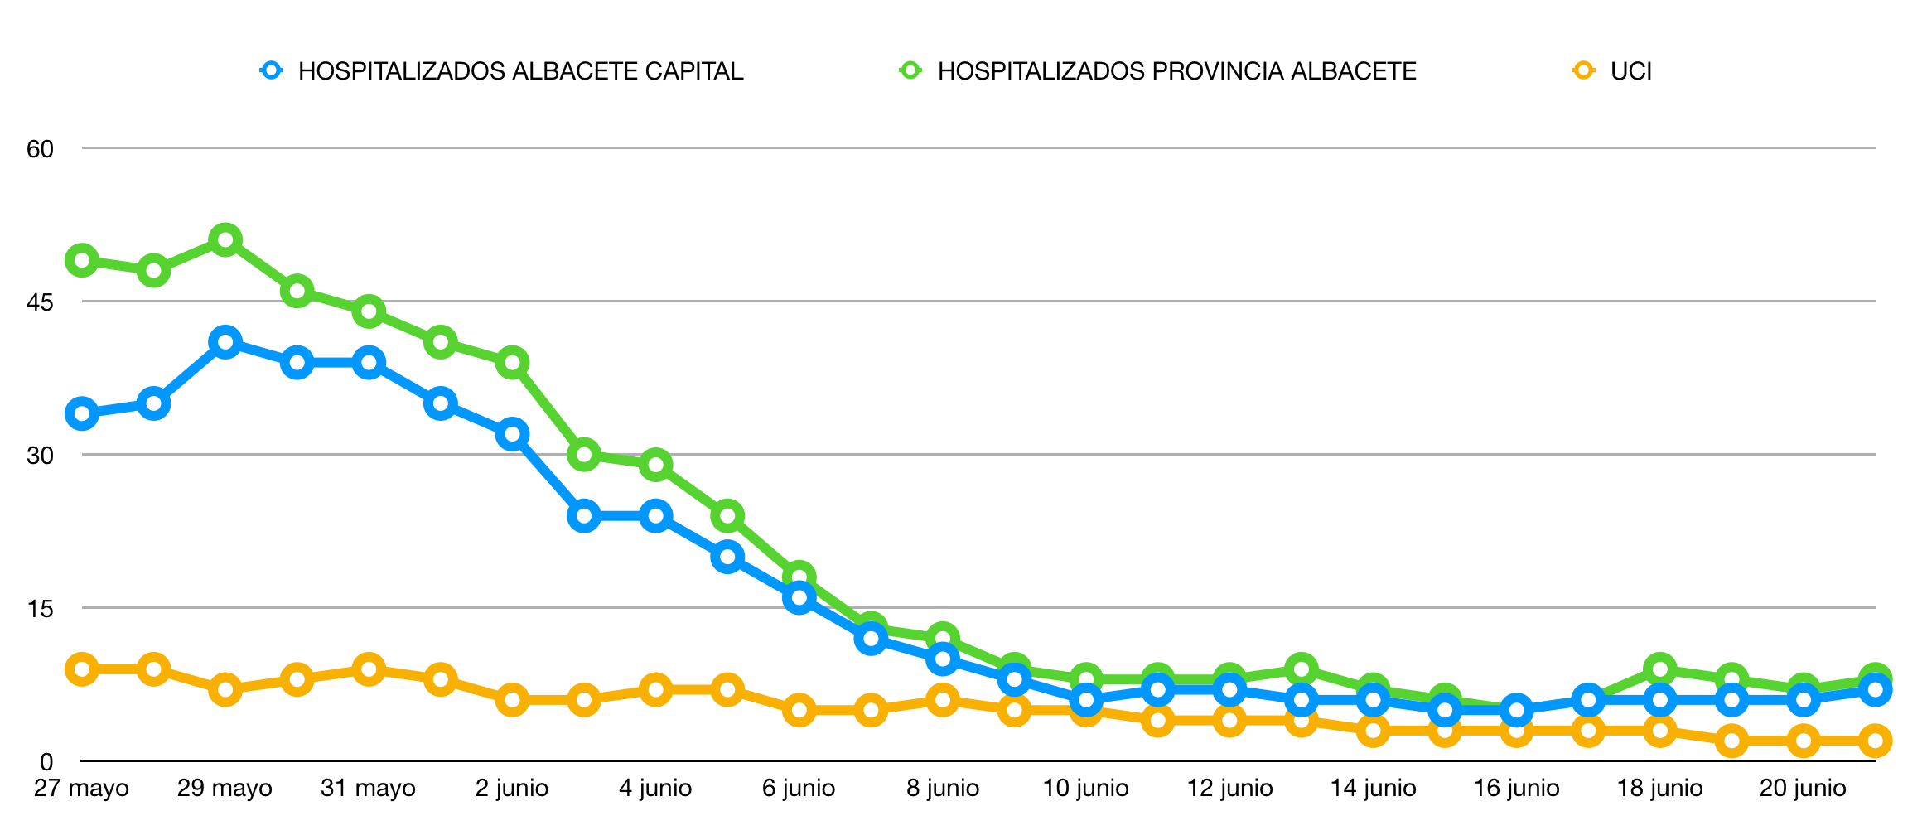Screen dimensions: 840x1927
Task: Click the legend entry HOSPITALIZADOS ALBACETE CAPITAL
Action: [x=520, y=71]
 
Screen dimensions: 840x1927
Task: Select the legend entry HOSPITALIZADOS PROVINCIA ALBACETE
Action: [x=1176, y=71]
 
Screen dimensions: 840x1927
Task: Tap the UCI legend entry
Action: [x=1630, y=71]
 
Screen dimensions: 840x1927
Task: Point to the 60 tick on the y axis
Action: [x=40, y=149]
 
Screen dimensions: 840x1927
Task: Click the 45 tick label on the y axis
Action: [x=40, y=302]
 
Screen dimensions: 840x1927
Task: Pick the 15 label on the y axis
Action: [x=40, y=609]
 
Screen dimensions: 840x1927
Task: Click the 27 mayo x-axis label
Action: [x=81, y=788]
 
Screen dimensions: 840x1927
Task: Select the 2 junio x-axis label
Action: [x=512, y=788]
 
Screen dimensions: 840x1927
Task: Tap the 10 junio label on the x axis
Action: [x=1085, y=788]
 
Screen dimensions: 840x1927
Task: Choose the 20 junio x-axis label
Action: [x=1803, y=788]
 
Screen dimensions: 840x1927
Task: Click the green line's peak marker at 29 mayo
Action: [x=225, y=240]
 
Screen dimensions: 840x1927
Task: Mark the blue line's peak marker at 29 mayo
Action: [x=225, y=342]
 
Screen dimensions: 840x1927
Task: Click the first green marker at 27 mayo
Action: [x=82, y=261]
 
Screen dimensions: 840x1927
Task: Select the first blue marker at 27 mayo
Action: [x=82, y=413]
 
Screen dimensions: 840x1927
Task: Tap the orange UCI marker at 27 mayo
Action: [x=82, y=669]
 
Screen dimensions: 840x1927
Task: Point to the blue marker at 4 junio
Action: [x=655, y=516]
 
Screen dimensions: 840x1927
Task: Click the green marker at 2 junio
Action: [x=513, y=363]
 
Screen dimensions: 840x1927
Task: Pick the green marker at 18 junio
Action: [x=1659, y=669]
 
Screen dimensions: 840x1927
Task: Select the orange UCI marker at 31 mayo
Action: [x=369, y=669]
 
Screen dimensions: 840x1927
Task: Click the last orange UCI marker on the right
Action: [x=1875, y=741]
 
